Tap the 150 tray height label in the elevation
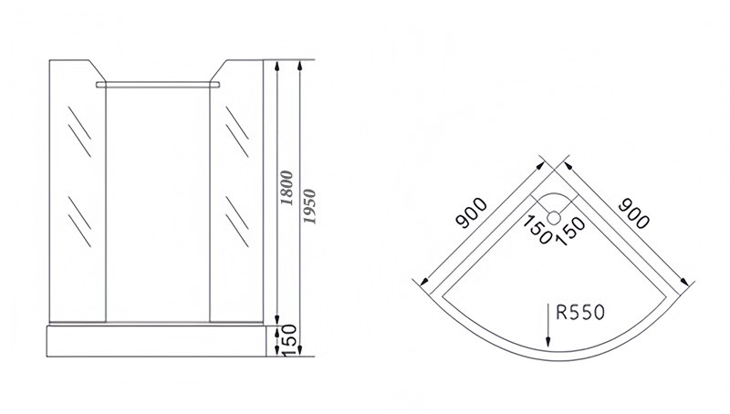point(286,342)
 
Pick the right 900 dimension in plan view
point(633,214)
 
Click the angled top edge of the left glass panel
point(99,70)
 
